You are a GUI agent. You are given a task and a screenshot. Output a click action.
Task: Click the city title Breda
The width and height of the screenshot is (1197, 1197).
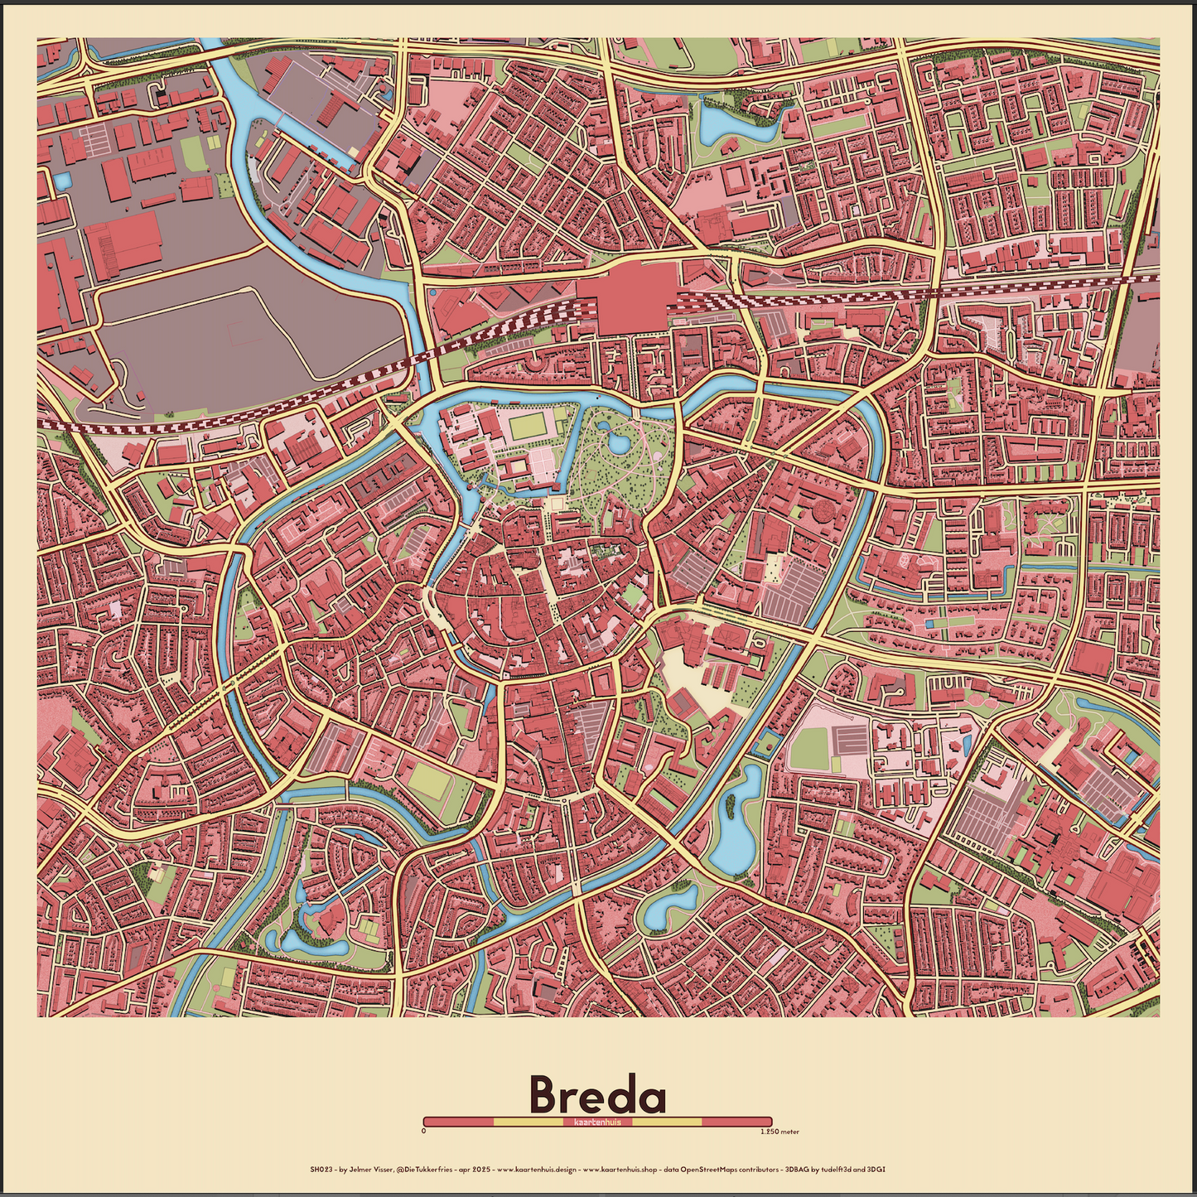[x=597, y=1094]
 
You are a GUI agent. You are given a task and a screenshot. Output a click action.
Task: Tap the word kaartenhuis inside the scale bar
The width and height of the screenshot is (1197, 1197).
[x=597, y=1122]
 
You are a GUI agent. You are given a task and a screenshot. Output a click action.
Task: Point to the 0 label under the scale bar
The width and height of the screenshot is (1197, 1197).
[x=423, y=1131]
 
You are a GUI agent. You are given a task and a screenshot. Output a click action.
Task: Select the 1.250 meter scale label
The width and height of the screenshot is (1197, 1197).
[x=779, y=1131]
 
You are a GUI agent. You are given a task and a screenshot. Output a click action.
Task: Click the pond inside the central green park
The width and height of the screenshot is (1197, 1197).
[x=618, y=443]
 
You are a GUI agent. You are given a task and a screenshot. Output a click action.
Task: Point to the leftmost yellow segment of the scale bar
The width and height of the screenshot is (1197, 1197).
[x=528, y=1122]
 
